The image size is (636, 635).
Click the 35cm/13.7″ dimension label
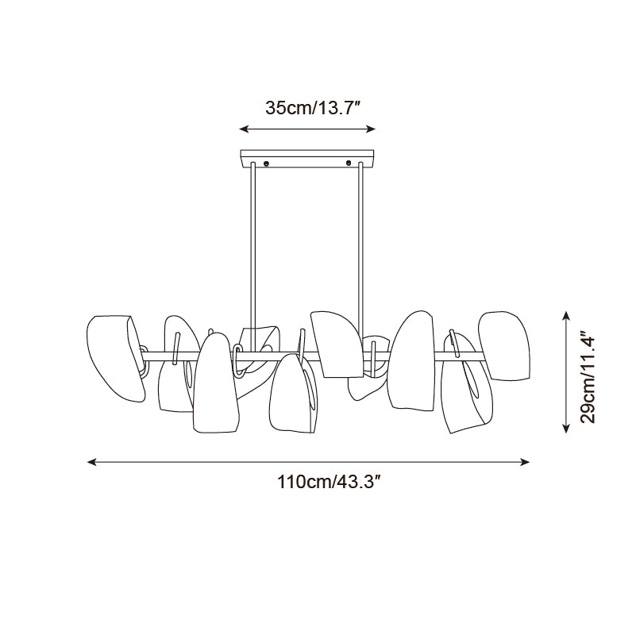(x=313, y=108)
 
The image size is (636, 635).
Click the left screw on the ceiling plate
(x=266, y=163)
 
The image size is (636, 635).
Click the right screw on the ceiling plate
(x=349, y=163)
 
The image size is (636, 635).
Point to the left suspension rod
(x=252, y=256)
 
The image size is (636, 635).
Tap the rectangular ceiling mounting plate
(x=307, y=159)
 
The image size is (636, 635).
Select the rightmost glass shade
(x=504, y=346)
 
